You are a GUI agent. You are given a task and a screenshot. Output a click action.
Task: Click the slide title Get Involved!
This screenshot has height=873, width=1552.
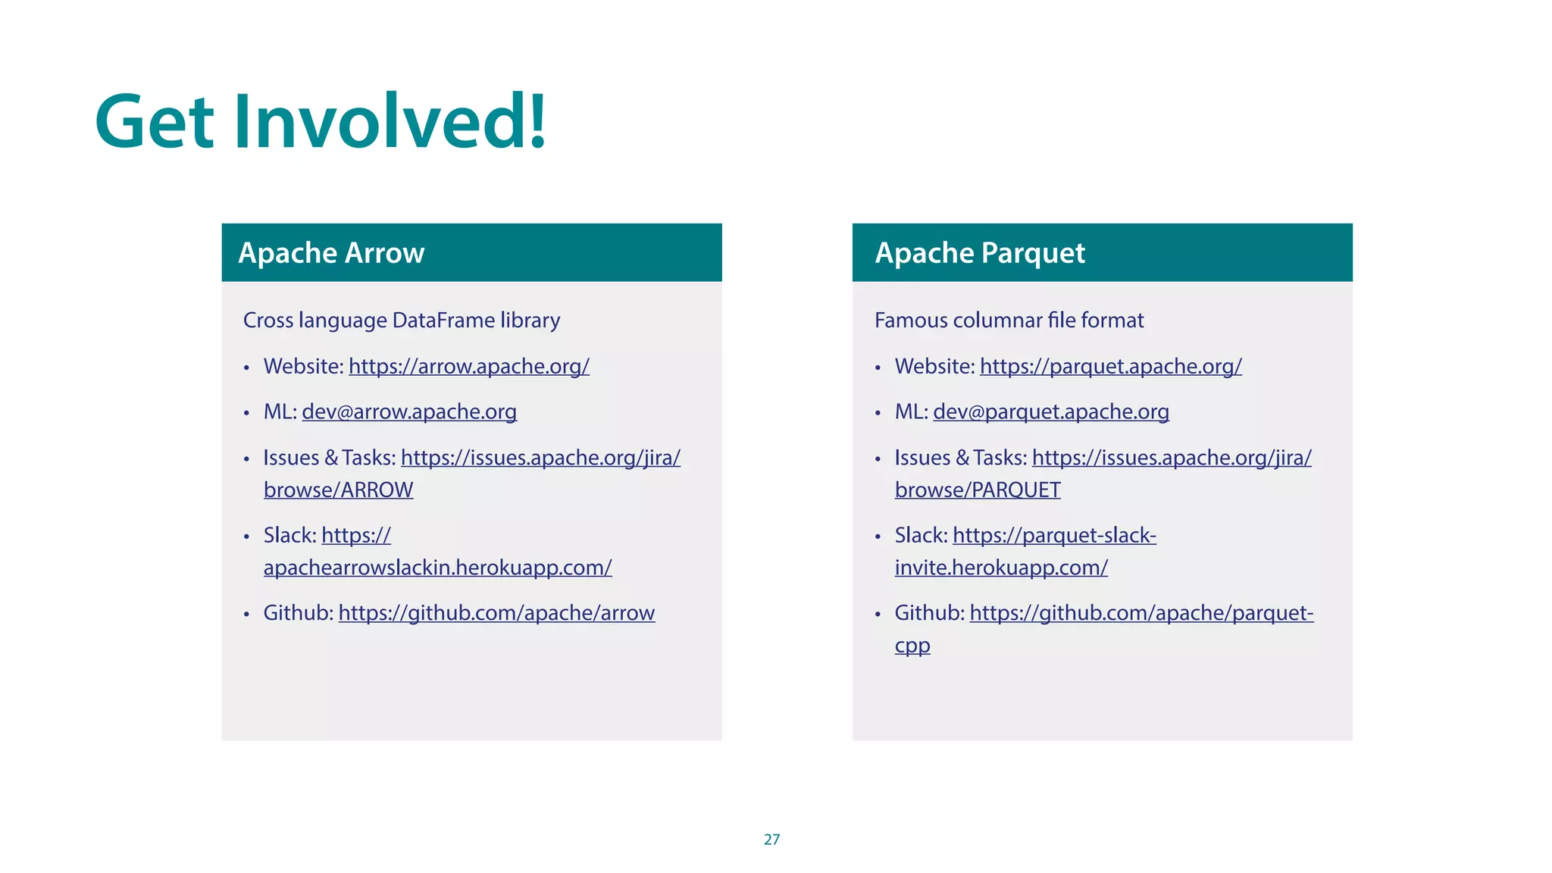(x=320, y=121)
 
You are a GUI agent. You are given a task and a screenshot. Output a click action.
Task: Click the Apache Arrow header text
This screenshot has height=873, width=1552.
(x=331, y=253)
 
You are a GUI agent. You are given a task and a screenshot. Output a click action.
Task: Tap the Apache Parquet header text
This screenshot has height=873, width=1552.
(x=980, y=253)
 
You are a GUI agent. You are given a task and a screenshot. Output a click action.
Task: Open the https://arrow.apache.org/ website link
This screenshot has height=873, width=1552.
(x=468, y=367)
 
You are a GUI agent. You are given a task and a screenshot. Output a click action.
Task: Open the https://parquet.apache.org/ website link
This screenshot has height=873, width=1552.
(x=1110, y=367)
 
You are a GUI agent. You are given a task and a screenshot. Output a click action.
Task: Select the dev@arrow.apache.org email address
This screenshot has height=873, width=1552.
(x=409, y=412)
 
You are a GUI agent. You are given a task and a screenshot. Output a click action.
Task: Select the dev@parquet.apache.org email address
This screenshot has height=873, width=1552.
(x=1050, y=412)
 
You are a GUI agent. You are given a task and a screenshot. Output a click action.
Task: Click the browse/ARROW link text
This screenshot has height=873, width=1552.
(x=338, y=490)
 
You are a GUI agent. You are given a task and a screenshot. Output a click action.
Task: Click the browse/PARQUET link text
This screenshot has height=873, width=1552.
(x=977, y=490)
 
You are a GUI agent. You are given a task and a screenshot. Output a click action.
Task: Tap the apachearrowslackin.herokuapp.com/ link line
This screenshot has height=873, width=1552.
(x=437, y=568)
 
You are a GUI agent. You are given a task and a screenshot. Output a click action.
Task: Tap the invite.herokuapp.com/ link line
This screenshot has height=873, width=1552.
(x=1000, y=568)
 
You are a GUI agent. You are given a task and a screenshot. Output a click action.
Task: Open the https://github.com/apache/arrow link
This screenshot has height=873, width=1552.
(x=496, y=613)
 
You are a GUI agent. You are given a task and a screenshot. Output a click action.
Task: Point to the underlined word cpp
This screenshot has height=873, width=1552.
(x=912, y=646)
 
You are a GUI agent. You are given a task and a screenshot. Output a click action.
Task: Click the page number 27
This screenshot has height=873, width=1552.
(x=771, y=840)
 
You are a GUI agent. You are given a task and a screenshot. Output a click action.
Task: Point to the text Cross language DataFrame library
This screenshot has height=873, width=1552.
(x=401, y=321)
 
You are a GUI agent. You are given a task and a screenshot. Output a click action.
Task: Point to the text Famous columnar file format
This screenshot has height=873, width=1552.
(x=1009, y=321)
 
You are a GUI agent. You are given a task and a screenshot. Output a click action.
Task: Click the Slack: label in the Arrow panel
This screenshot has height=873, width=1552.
(x=289, y=536)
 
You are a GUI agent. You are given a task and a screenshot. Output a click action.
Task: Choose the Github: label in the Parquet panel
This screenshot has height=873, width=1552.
(x=929, y=613)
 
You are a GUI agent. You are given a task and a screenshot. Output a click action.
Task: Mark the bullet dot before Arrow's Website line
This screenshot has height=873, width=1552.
(x=246, y=369)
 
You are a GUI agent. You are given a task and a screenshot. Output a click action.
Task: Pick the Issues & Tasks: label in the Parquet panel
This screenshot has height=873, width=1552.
(x=960, y=458)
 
